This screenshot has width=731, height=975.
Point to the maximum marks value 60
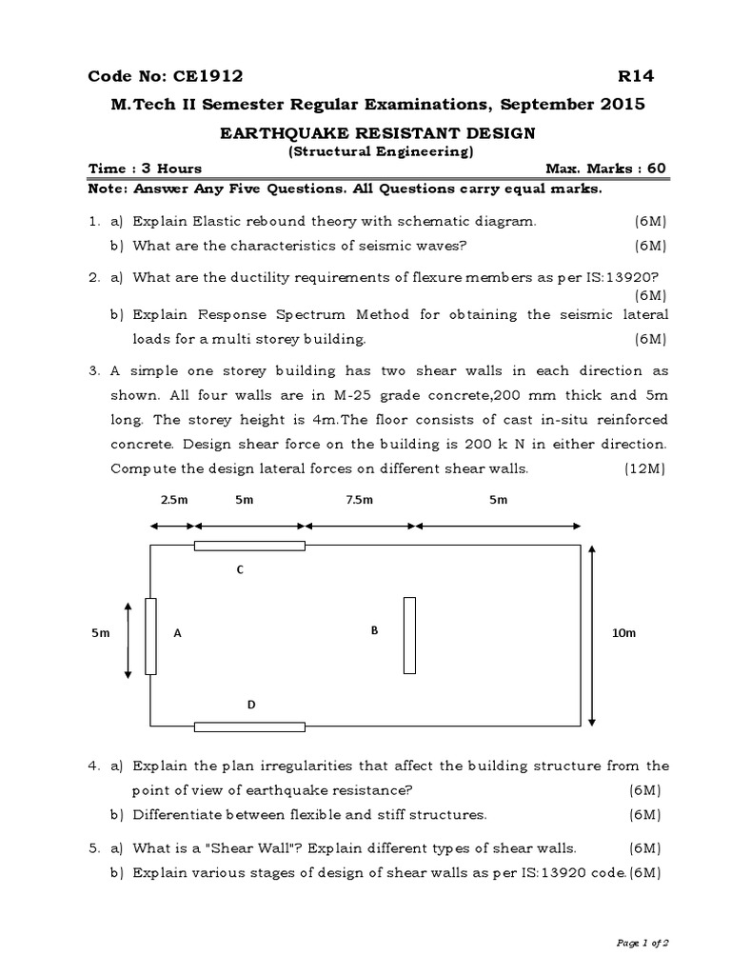point(657,169)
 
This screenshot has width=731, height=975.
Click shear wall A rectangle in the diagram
point(149,636)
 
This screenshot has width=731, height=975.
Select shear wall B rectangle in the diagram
point(409,635)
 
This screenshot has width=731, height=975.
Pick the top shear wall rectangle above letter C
point(249,546)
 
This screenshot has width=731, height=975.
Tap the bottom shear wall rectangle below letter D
point(249,726)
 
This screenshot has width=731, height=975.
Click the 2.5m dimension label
point(172,499)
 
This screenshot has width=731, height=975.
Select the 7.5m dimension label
point(361,499)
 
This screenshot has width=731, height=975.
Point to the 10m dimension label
point(623,634)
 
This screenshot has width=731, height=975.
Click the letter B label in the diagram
point(375,630)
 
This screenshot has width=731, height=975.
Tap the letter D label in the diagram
point(251,705)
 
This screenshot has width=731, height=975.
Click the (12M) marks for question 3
point(645,468)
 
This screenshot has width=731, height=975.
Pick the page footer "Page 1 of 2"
point(643,943)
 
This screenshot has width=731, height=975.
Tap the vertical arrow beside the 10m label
point(593,635)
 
